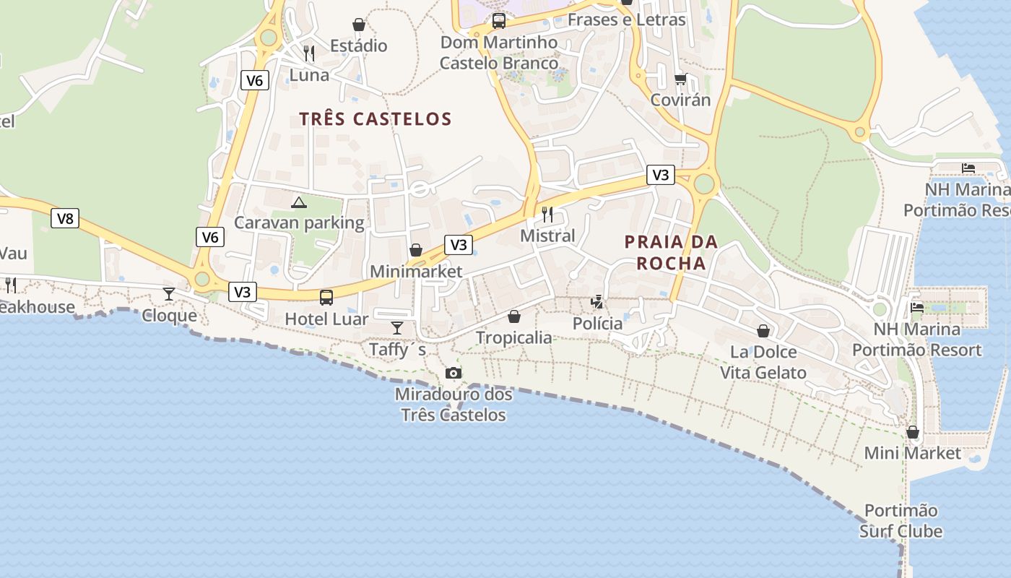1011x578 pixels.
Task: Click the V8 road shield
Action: click(x=65, y=218)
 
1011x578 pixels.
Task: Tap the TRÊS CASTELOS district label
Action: click(x=376, y=119)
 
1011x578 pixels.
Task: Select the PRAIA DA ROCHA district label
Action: click(x=671, y=252)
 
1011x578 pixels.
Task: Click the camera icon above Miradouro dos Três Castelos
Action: click(x=454, y=373)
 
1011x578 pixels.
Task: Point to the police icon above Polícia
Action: click(x=597, y=301)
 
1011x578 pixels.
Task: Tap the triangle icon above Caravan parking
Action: click(x=299, y=202)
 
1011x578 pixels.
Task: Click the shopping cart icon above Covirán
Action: click(x=680, y=79)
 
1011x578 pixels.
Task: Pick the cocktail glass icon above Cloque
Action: click(x=169, y=293)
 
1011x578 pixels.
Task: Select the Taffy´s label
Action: click(x=397, y=350)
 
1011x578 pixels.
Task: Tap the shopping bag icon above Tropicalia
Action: click(x=514, y=316)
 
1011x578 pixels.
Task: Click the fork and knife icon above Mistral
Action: click(x=547, y=214)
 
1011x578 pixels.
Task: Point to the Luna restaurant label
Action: click(x=309, y=75)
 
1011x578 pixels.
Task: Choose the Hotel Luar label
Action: click(x=326, y=319)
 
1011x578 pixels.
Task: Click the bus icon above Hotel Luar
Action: click(x=326, y=297)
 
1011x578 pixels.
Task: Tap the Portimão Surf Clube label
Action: click(x=901, y=521)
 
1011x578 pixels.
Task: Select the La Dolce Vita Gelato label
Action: click(x=763, y=362)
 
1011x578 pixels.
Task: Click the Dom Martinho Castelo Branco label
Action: click(x=499, y=53)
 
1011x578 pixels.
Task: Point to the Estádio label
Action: click(x=359, y=46)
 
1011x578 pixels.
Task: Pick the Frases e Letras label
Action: click(x=626, y=20)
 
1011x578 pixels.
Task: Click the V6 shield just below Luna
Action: click(x=254, y=80)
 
